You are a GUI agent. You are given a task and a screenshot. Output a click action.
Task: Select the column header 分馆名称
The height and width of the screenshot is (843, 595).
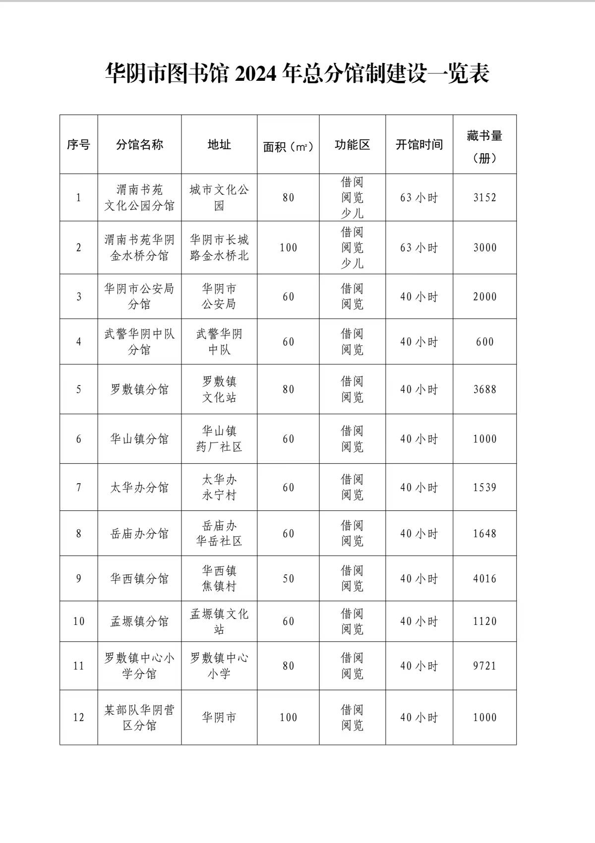tap(139, 145)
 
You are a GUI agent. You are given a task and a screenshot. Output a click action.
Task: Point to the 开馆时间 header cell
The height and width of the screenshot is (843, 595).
tap(419, 145)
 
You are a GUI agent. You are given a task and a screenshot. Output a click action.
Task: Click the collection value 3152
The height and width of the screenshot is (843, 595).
tap(484, 198)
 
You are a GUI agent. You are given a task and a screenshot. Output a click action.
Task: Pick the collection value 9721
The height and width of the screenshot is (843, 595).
tap(484, 666)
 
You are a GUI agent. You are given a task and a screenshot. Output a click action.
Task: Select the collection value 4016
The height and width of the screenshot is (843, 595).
tap(484, 579)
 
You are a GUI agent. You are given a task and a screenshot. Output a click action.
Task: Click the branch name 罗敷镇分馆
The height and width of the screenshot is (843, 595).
tap(139, 390)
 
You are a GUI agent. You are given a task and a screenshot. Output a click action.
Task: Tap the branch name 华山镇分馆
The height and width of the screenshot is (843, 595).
tap(139, 439)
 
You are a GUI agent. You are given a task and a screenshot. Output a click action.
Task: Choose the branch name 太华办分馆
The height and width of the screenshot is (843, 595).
tap(139, 488)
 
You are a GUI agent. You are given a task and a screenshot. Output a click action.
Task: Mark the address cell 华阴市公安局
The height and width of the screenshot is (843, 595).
tap(219, 296)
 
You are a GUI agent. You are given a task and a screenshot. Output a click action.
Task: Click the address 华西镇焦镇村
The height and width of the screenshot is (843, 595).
tap(219, 578)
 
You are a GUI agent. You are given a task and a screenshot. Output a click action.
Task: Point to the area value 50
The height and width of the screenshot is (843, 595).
tap(288, 579)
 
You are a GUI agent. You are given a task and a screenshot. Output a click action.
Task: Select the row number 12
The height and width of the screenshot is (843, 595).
tap(78, 718)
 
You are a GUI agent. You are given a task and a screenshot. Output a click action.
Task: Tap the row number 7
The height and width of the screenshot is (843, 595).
tap(78, 488)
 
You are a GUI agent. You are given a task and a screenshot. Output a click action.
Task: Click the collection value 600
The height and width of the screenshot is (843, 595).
tap(484, 342)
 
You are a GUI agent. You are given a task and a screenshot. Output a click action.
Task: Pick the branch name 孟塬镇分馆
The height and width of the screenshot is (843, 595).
tap(139, 621)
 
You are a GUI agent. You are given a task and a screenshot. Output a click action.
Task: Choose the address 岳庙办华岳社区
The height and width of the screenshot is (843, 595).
tap(219, 533)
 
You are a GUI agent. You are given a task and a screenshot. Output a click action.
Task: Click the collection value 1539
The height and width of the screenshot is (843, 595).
tap(484, 488)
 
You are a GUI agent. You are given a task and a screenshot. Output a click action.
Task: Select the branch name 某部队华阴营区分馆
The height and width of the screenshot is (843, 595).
tap(139, 718)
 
